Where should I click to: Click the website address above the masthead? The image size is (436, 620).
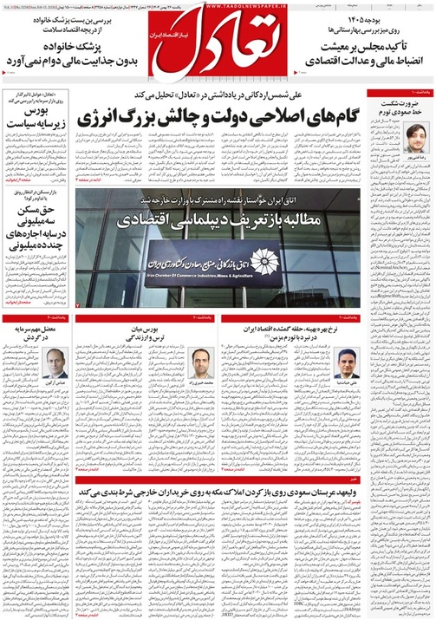coord(217,6)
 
